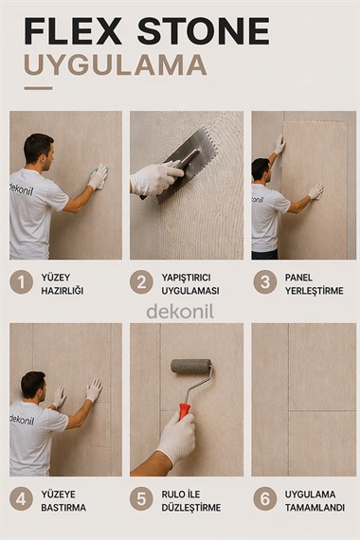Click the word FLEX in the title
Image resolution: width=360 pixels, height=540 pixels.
click(73, 31)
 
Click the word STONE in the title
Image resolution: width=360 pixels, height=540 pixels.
click(204, 31)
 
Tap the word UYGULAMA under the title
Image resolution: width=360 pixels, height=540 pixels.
click(116, 64)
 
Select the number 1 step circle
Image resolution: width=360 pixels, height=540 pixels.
click(21, 282)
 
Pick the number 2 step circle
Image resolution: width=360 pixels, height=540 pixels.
click(141, 282)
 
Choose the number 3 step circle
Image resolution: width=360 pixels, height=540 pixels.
click(264, 282)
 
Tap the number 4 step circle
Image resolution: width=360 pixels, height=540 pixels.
click(21, 499)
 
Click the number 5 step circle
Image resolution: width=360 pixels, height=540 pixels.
click(141, 499)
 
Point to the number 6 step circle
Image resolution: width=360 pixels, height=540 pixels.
click(264, 499)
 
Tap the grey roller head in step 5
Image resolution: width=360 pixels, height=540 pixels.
click(191, 366)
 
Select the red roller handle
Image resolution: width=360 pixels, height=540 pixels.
click(185, 411)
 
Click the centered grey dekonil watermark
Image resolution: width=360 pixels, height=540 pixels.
click(180, 312)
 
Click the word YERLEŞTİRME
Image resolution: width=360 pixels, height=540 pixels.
click(314, 291)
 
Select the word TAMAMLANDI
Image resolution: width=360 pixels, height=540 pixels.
click(315, 508)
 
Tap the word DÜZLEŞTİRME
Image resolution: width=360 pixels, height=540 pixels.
click(191, 508)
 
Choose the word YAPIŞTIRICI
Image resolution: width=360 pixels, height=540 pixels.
click(187, 278)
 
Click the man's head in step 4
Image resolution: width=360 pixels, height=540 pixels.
click(33, 386)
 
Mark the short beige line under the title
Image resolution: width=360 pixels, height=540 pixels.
click(38, 88)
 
